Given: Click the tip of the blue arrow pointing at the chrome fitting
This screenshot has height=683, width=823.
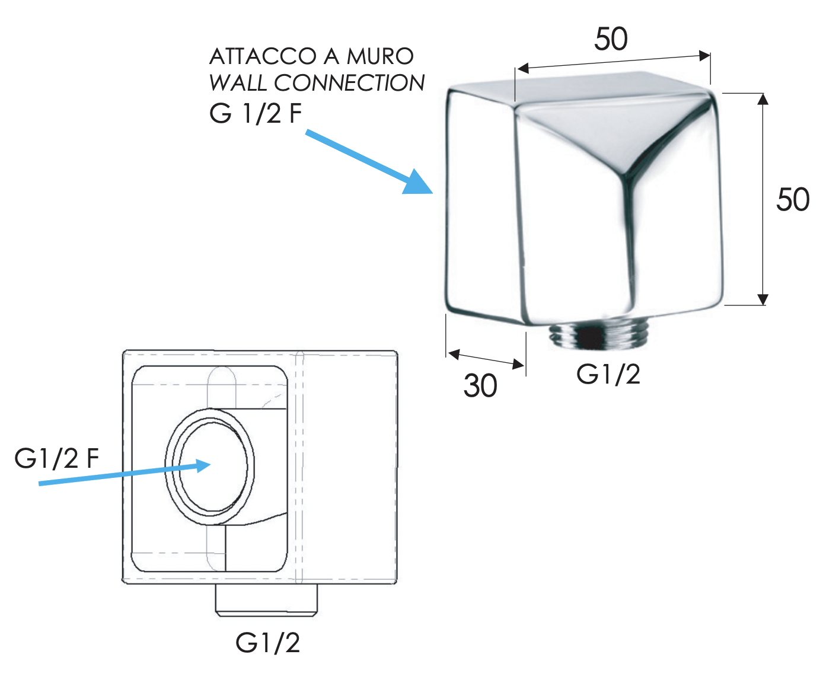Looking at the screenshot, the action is (433, 193).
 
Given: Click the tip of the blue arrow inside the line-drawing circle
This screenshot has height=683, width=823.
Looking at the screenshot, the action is (211, 464).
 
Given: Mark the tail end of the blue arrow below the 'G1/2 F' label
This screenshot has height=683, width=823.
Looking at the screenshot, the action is (39, 484).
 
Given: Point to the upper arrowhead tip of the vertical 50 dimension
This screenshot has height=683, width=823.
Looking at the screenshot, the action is (763, 94).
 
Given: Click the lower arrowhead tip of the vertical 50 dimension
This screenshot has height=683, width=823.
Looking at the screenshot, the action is (763, 305).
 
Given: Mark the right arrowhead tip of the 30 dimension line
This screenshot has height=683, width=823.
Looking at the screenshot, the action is (524, 366).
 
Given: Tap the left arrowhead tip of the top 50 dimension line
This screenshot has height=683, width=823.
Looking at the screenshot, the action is (516, 69).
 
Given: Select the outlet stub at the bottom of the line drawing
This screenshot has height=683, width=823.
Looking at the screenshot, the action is (266, 601).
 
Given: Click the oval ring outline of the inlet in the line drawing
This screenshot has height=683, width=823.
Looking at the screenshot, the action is (210, 467).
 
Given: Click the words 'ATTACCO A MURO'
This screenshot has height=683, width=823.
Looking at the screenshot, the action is (311, 56).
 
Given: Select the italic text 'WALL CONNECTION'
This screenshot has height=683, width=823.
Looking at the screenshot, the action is (317, 83).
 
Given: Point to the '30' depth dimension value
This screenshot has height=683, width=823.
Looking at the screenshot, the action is (480, 385).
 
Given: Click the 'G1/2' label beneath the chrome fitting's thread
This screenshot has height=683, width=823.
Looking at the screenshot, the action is (608, 374).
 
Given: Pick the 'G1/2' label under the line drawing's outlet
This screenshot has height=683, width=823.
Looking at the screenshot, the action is (267, 643).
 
